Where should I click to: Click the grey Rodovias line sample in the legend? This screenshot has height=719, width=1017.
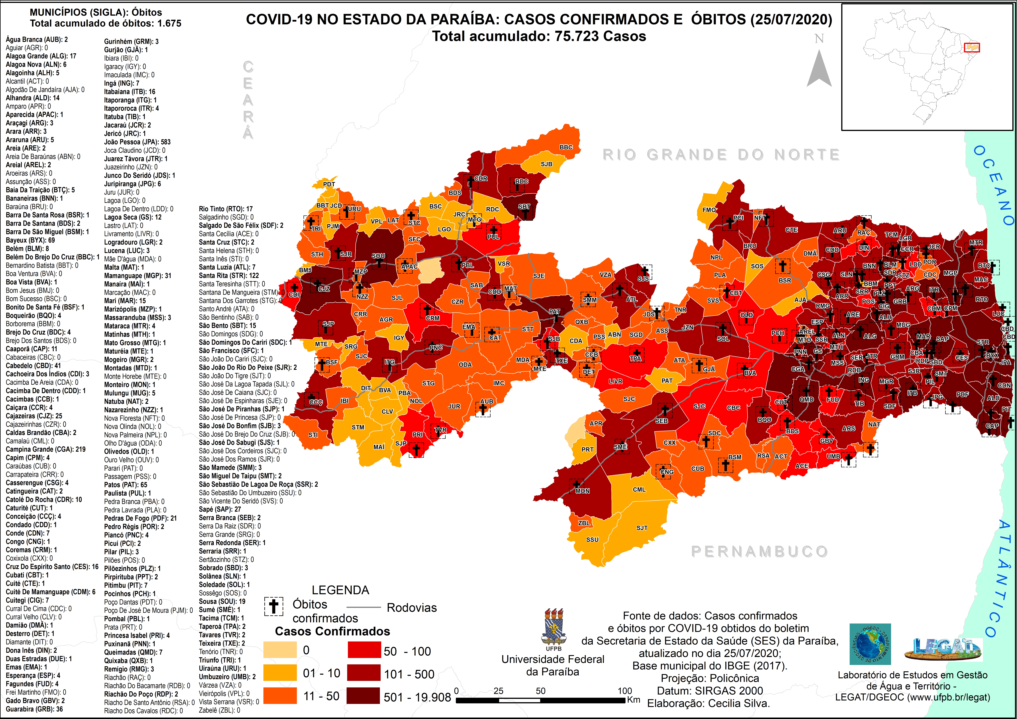363,607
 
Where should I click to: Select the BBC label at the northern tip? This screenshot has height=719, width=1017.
566,147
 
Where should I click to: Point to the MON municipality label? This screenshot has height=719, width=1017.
582,491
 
